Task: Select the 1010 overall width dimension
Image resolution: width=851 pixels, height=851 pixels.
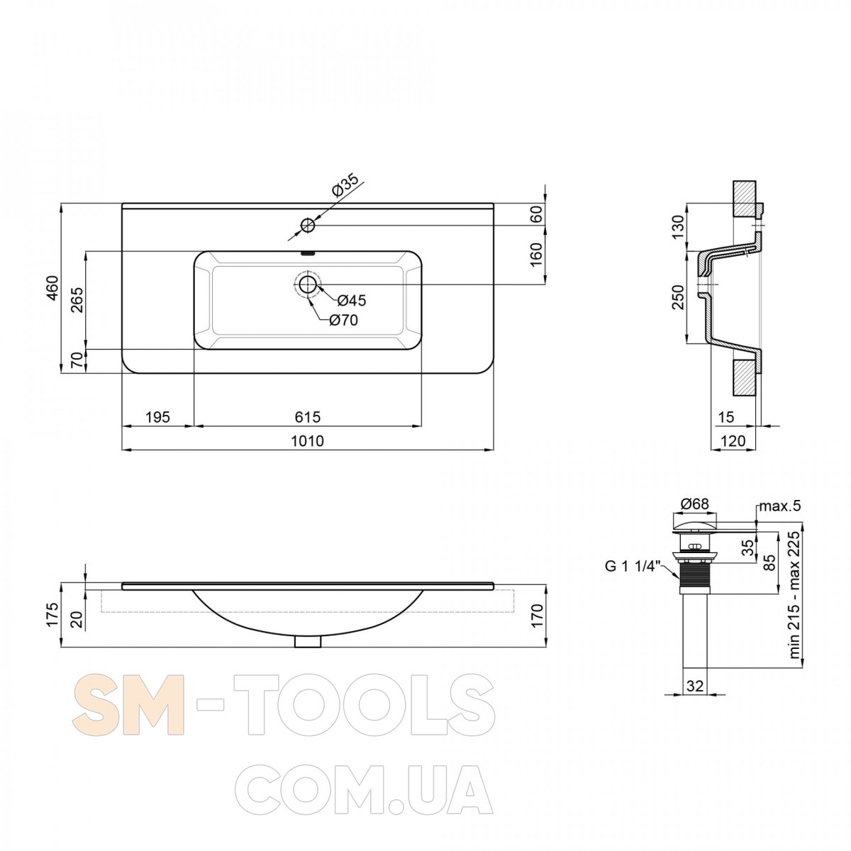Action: pos(307,440)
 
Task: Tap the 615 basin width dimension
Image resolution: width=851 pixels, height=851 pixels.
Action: pos(307,416)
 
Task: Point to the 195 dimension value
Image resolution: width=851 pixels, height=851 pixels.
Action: pos(157,416)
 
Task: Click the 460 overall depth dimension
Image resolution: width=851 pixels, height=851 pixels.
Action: pos(52,288)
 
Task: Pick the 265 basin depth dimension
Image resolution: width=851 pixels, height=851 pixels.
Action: pos(77,300)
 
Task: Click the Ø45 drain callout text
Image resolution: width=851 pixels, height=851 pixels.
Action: pos(352,301)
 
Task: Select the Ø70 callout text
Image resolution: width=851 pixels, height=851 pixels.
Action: pos(343,320)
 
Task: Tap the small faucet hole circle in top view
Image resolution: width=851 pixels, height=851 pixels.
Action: pos(307,226)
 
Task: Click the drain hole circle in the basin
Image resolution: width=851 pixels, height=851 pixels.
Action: pos(307,285)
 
